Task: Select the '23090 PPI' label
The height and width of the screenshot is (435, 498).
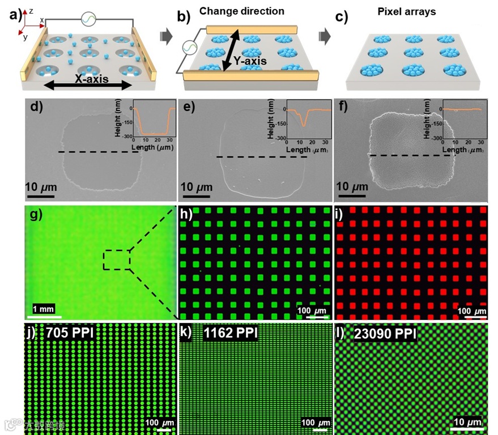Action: pos(385,333)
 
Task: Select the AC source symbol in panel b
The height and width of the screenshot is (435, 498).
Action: pos(190,50)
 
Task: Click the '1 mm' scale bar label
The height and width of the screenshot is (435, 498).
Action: pos(44,309)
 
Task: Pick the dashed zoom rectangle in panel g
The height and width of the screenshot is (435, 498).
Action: pos(116,260)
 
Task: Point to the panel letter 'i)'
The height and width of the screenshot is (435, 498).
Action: pos(341,214)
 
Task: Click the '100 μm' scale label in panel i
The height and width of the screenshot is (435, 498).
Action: pos(472,311)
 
